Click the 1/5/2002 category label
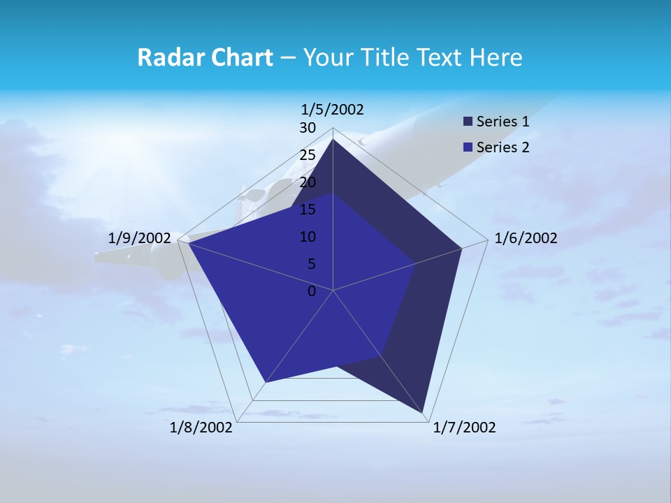click(x=332, y=110)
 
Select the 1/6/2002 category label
click(x=526, y=238)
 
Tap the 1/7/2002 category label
click(x=464, y=428)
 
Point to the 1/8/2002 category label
click(x=201, y=428)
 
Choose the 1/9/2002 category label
click(x=140, y=238)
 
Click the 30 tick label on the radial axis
click(x=308, y=128)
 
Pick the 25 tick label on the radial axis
click(x=308, y=155)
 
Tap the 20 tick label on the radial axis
click(x=308, y=182)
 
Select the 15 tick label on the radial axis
click(x=308, y=210)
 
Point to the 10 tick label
click(x=308, y=237)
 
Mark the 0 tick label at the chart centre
click(x=312, y=291)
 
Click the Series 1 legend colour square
click(x=468, y=122)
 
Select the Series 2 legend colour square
click(x=468, y=147)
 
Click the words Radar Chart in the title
click(x=205, y=57)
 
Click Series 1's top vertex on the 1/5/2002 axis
click(x=333, y=140)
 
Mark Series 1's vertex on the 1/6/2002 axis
click(x=461, y=248)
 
